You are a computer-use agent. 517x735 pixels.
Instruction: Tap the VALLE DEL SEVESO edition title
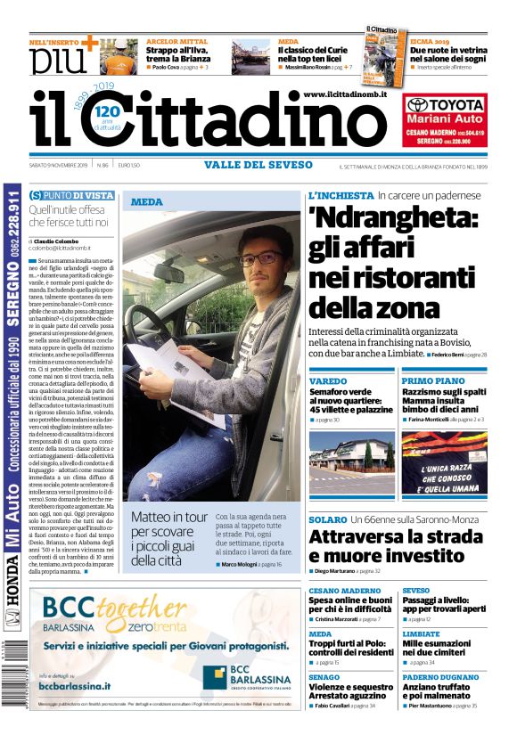[x=258, y=165]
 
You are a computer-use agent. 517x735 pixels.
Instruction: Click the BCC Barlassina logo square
[x=214, y=677]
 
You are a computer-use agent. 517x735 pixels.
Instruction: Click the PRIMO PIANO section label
[x=432, y=380]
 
